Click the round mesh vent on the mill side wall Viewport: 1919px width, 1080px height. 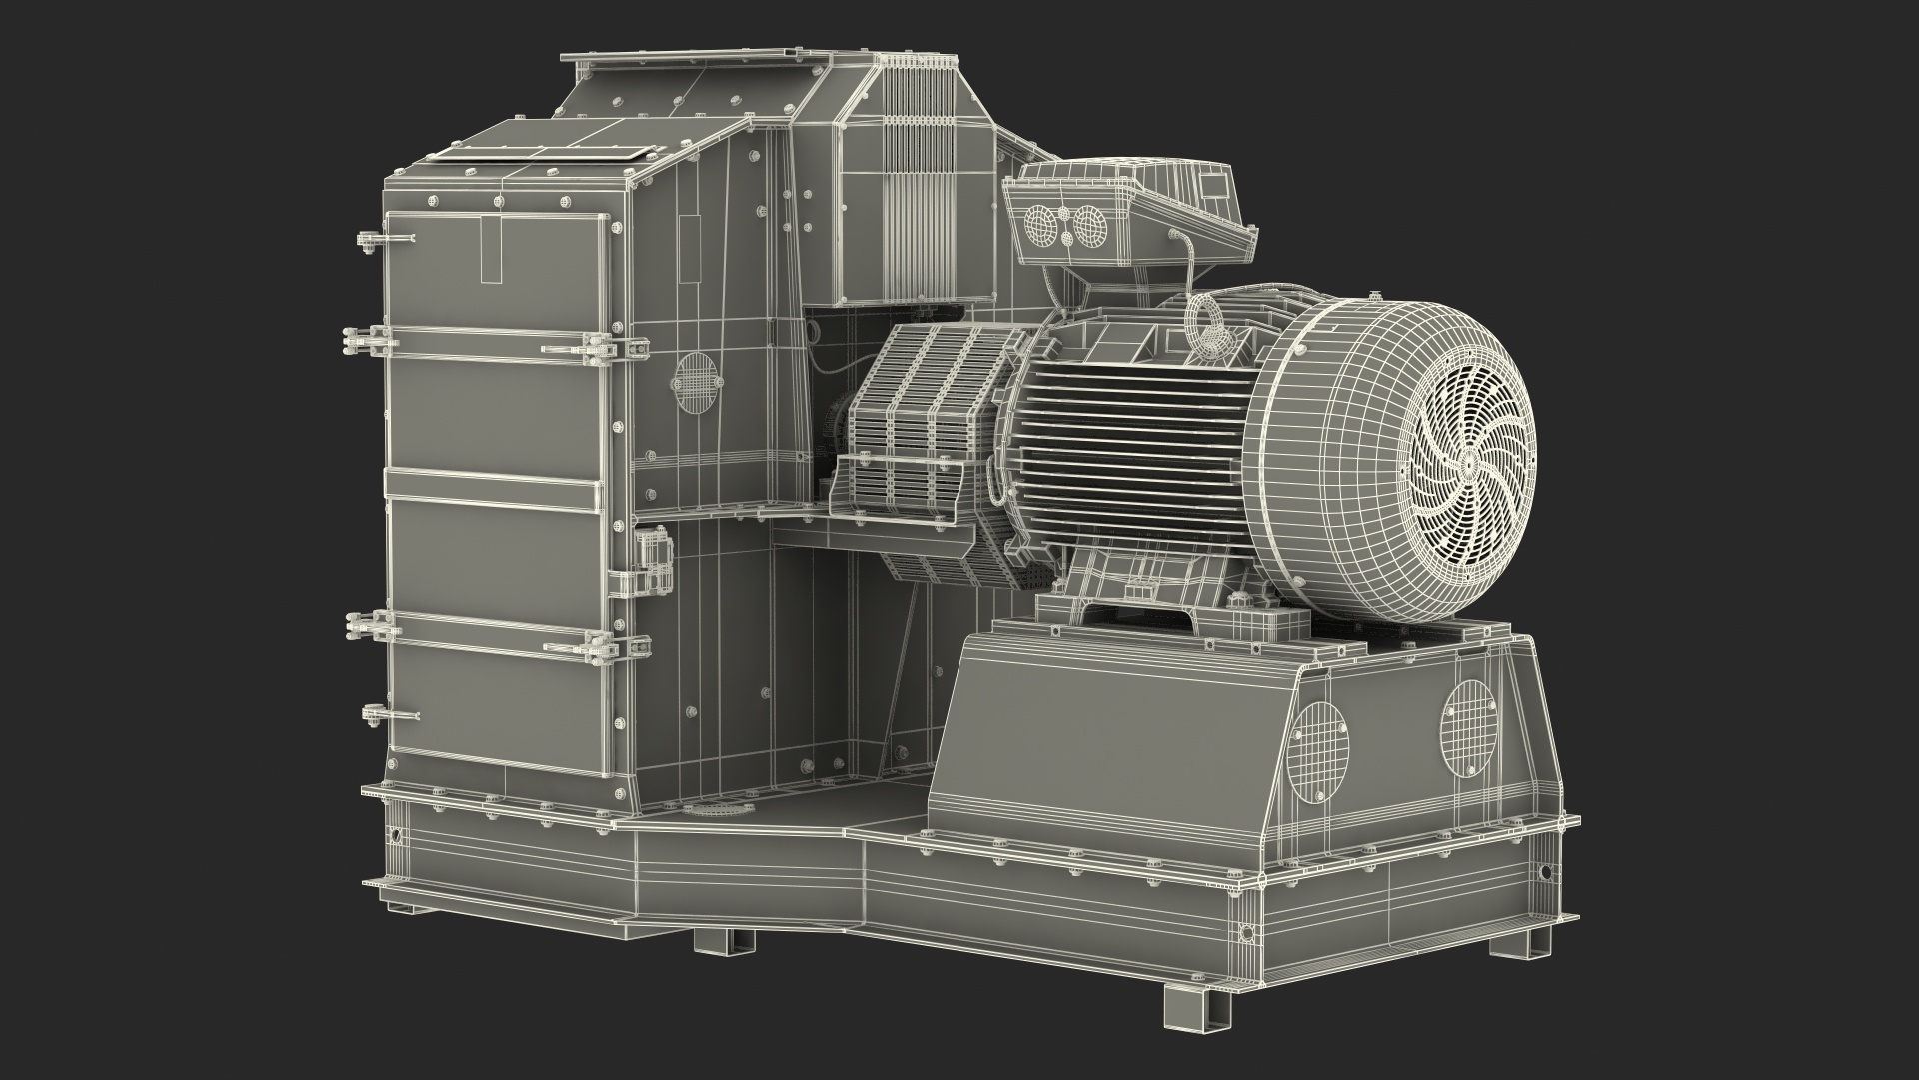point(696,380)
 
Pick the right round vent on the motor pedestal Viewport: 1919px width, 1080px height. point(1467,728)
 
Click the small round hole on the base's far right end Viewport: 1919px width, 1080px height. point(1546,871)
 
